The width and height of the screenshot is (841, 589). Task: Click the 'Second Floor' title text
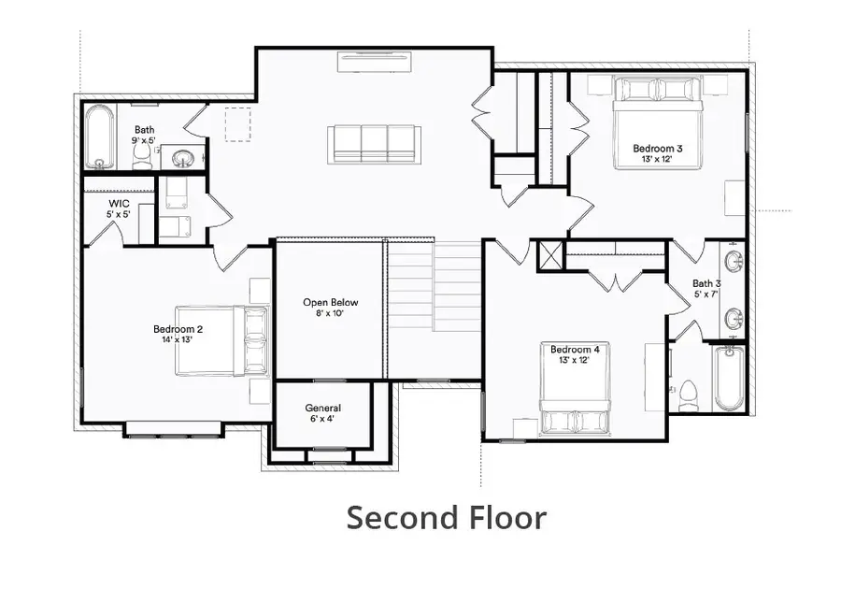tap(446, 517)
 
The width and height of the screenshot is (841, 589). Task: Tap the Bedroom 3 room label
tap(657, 153)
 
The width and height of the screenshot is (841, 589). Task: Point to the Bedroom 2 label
tap(178, 334)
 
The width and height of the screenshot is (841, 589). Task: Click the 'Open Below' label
tap(330, 308)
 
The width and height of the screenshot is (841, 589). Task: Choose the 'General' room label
tap(322, 413)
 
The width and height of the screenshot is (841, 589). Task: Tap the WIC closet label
tap(119, 208)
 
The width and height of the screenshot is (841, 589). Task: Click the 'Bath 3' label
tap(706, 288)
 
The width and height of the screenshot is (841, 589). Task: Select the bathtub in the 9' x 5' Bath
tap(99, 137)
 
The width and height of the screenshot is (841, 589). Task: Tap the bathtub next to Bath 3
tap(729, 379)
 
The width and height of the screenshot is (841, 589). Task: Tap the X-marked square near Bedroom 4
tap(550, 256)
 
